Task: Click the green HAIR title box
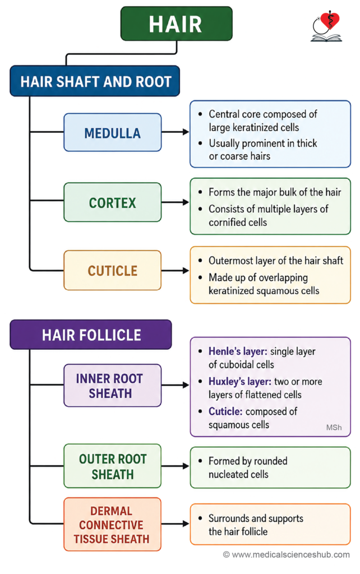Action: (177, 24)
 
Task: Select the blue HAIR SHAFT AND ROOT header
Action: (95, 81)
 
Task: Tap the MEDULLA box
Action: (113, 132)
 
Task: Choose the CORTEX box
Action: (113, 202)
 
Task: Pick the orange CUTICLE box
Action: (113, 270)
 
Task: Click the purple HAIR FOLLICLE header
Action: (91, 334)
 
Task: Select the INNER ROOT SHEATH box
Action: (113, 385)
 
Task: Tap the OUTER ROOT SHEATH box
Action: (113, 466)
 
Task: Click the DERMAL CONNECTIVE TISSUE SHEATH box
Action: (113, 524)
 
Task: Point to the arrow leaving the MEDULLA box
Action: (175, 132)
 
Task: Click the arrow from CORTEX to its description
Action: (175, 202)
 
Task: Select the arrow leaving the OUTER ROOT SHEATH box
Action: (175, 466)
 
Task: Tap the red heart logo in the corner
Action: (330, 21)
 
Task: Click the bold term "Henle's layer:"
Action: (238, 351)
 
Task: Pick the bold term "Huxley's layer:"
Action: (240, 381)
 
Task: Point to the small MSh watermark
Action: (334, 427)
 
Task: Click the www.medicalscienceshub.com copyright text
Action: (287, 554)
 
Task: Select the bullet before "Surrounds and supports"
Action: (200, 519)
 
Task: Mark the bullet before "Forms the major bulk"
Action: (200, 192)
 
